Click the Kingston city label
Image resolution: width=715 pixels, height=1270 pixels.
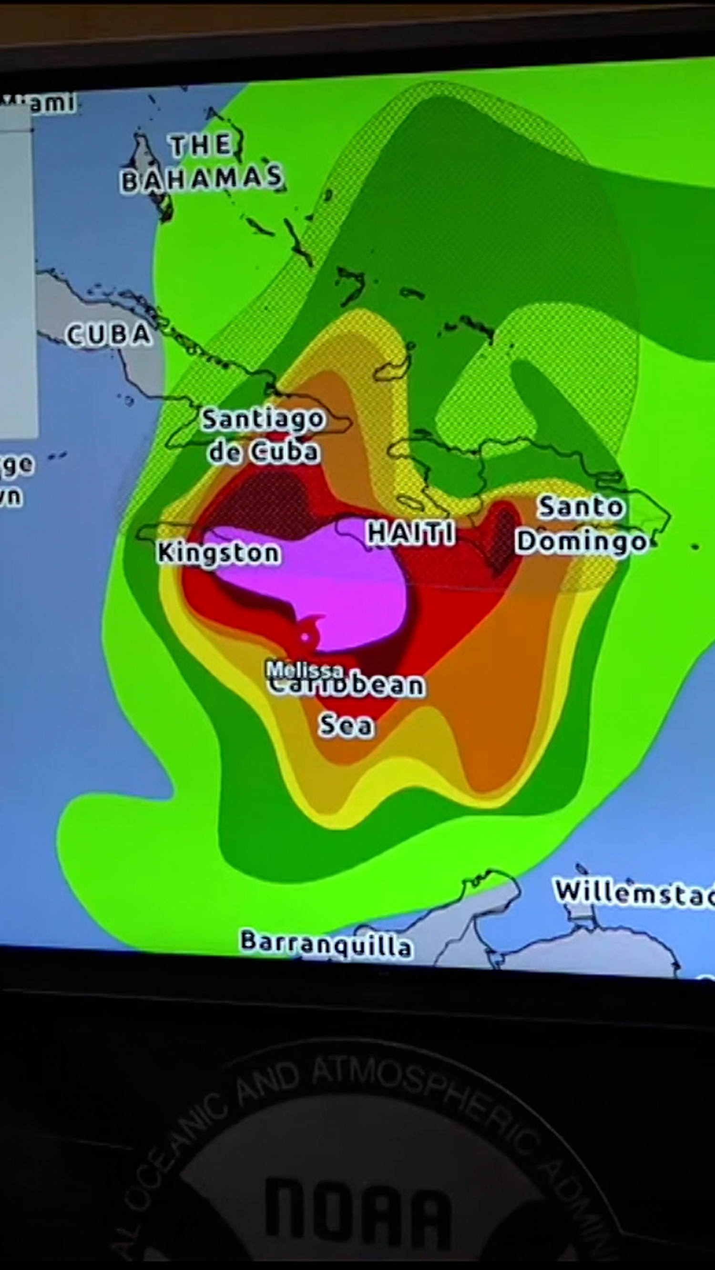tap(219, 553)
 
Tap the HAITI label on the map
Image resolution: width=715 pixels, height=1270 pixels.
tap(411, 533)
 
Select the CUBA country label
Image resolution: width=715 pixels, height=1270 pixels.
tap(109, 335)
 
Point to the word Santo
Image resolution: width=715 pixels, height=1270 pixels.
tap(581, 507)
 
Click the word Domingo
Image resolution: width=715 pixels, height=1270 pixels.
tap(581, 541)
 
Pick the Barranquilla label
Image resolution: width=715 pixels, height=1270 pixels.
tap(326, 943)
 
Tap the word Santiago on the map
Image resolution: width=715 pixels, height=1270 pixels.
tap(264, 419)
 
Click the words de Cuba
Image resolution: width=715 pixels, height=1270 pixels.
tap(264, 451)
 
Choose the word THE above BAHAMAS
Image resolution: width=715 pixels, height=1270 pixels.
tap(201, 145)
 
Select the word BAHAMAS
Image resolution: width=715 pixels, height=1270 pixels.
tap(202, 180)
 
